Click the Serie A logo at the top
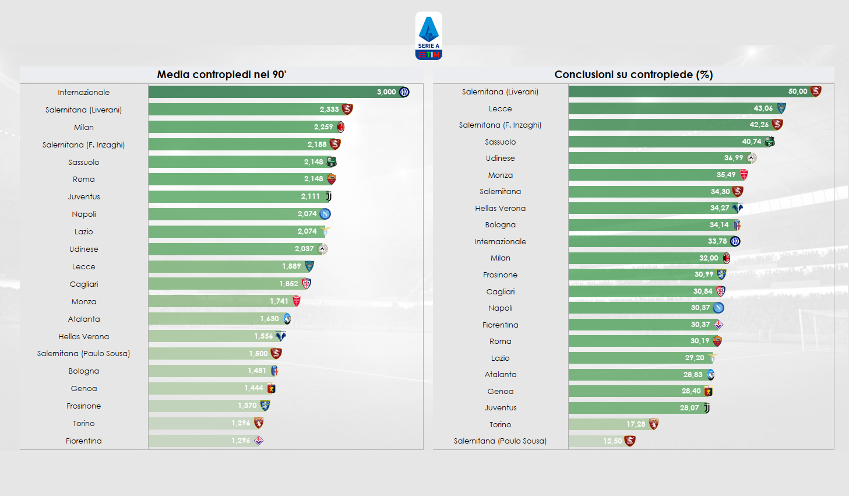[x=428, y=36]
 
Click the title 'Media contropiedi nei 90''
[x=221, y=75]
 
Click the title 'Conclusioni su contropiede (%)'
[x=633, y=75]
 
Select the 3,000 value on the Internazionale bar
[x=386, y=92]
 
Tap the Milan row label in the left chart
[x=84, y=127]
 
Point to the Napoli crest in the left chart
[x=325, y=214]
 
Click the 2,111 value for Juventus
[x=310, y=196]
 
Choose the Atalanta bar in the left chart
[x=216, y=319]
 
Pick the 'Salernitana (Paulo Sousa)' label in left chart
[x=84, y=354]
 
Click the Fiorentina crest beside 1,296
[x=259, y=441]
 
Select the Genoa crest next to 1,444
[x=271, y=388]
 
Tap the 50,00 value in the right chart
[x=797, y=92]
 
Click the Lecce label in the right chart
[x=500, y=108]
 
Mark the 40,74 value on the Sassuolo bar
[x=751, y=142]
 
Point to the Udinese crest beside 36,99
[x=752, y=158]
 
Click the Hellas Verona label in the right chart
[x=500, y=208]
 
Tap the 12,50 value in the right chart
[x=612, y=441]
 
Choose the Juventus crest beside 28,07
[x=706, y=408]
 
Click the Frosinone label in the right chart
[x=500, y=275]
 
